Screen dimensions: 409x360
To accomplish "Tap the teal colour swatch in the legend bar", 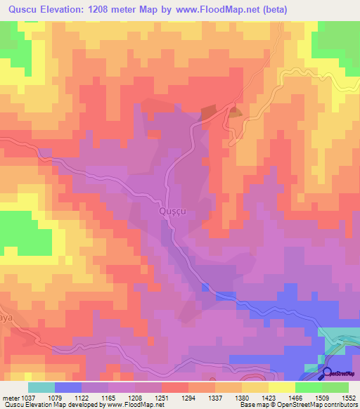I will pos(41,388).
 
